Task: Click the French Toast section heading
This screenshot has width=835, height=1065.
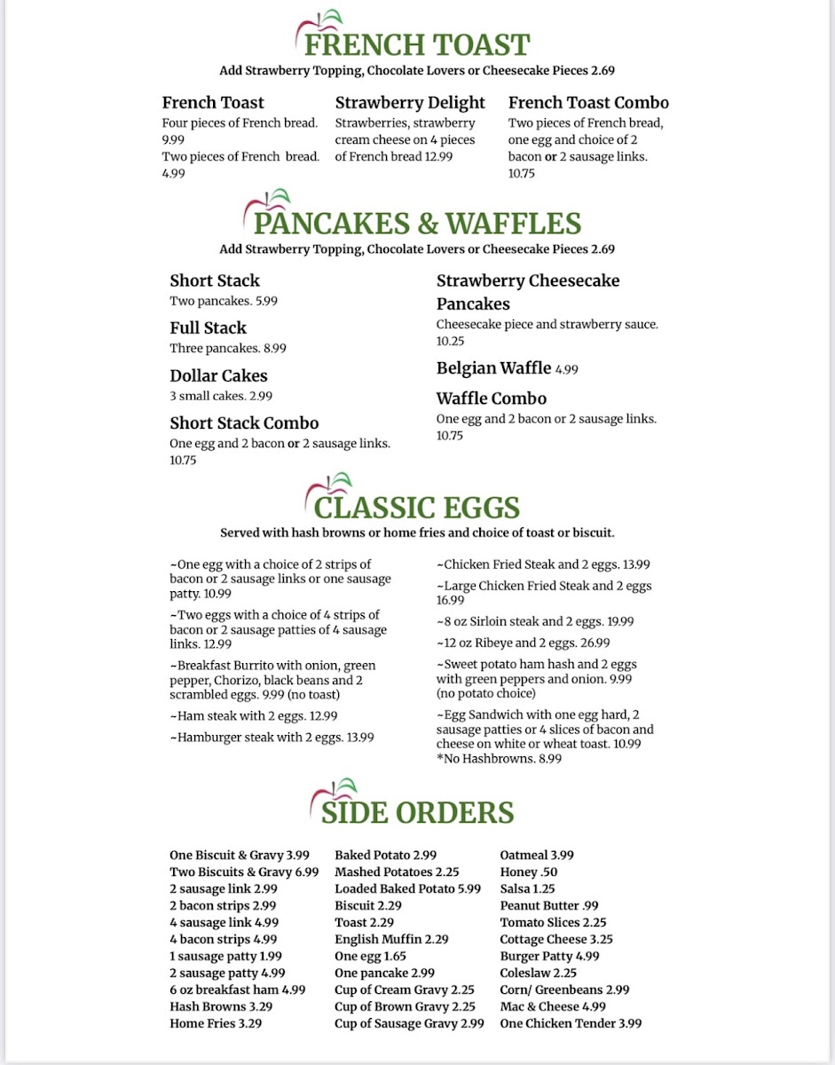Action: [x=417, y=44]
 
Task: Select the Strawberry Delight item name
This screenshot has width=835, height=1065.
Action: [x=410, y=103]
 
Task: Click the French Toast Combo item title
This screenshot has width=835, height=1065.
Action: [x=588, y=103]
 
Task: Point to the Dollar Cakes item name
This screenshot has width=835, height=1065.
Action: [x=218, y=375]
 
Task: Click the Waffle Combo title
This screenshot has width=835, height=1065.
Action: [x=491, y=398]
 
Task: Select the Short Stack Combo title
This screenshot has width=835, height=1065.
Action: [x=244, y=423]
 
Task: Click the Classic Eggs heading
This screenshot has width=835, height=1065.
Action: [x=416, y=508]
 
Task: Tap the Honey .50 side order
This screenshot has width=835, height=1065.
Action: [x=528, y=872]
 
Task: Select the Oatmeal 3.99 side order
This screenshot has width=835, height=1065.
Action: [x=537, y=856]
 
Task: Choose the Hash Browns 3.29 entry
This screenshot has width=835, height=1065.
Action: [x=221, y=1007]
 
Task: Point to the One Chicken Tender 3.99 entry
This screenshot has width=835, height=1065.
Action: [x=571, y=1023]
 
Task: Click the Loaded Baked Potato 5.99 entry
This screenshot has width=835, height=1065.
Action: [x=407, y=889]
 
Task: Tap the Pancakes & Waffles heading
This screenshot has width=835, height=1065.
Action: [x=417, y=223]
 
